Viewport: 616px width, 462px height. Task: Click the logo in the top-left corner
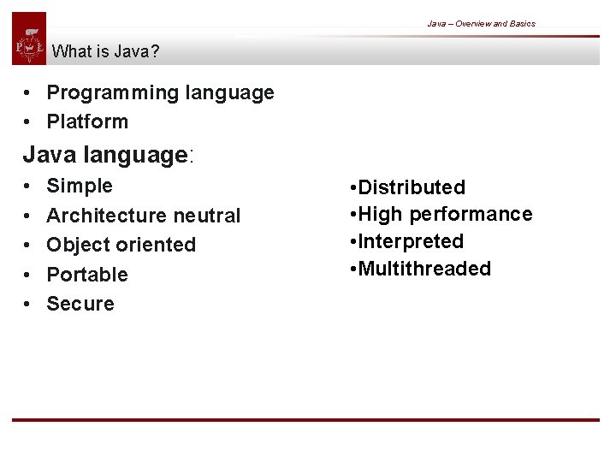coord(29,39)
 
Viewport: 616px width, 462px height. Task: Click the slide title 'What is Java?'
coord(105,51)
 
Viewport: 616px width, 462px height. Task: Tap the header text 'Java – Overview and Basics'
coord(481,23)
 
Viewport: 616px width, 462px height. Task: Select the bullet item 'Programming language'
coord(160,92)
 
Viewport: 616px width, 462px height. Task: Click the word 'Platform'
coord(87,121)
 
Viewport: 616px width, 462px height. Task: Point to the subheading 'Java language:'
coord(109,155)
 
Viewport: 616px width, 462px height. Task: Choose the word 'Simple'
coord(80,186)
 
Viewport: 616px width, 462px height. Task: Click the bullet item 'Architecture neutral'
coord(143,216)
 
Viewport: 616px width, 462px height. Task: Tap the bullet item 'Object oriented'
coord(121,245)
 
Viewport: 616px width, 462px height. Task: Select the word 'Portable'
coord(86,275)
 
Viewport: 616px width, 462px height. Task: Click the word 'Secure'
coord(80,304)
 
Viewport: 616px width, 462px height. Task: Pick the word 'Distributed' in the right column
coord(412,187)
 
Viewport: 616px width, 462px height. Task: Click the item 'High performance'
coord(445,214)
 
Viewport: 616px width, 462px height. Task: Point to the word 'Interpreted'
coord(411,241)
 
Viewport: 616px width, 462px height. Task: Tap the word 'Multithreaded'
coord(424,269)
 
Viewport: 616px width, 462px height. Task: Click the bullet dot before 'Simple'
coord(28,187)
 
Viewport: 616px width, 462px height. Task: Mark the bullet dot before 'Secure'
coord(28,305)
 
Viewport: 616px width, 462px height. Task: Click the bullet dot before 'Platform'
coord(28,122)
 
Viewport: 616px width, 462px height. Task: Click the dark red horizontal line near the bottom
coord(305,420)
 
